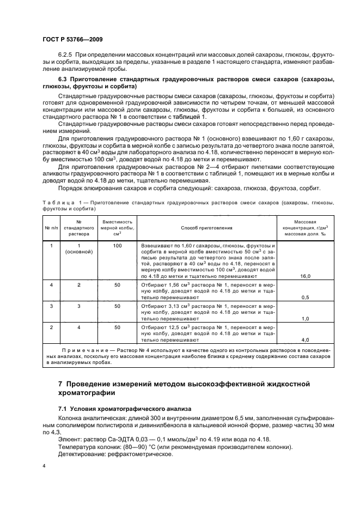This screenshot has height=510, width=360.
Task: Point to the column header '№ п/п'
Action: tap(51, 228)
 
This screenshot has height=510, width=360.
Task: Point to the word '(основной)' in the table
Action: tap(78, 252)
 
